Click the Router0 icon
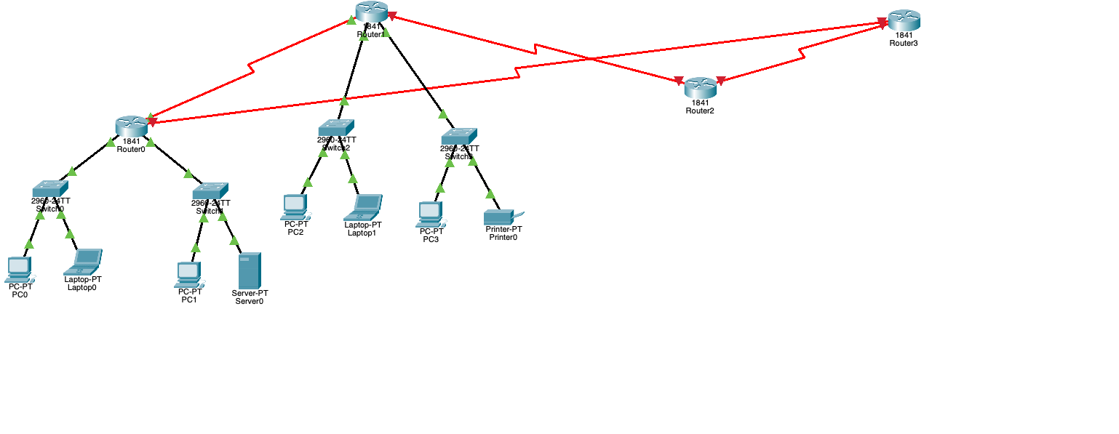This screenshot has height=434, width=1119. [x=132, y=126]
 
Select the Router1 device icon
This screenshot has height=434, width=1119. [x=373, y=12]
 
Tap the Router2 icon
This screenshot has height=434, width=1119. [x=701, y=87]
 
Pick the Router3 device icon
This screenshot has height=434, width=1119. [x=904, y=20]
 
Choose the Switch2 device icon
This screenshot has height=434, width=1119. [x=336, y=127]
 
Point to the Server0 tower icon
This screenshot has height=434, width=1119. [x=250, y=270]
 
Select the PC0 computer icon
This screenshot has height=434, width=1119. [x=19, y=270]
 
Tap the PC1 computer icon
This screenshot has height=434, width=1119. [x=189, y=275]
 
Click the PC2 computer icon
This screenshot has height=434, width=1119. [x=295, y=207]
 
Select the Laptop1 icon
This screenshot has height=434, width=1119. [x=363, y=207]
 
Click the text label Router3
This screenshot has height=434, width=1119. [x=904, y=44]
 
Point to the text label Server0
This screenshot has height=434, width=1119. [x=250, y=301]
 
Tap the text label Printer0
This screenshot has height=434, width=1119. [x=503, y=237]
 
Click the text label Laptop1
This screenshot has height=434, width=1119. [x=362, y=233]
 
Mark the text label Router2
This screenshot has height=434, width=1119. [x=700, y=110]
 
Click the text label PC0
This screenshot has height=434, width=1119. [x=20, y=294]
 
